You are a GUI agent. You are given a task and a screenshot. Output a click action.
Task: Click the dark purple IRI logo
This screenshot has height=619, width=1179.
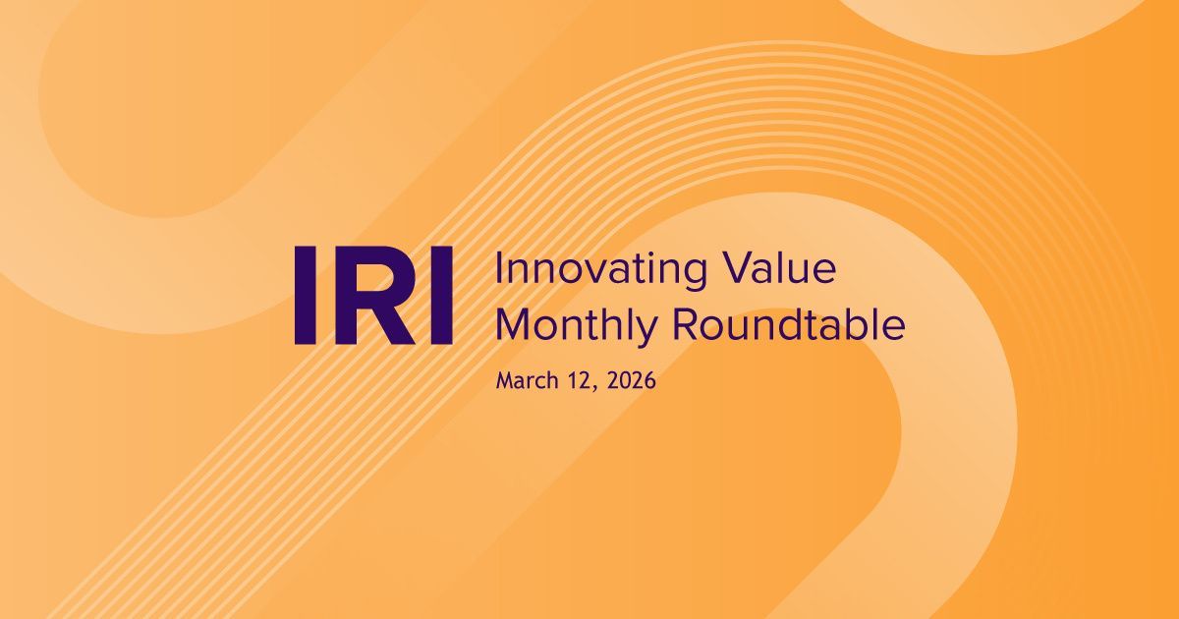pyautogui.click(x=373, y=296)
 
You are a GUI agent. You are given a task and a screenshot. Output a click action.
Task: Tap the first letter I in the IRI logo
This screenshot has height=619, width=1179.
pyautogui.click(x=305, y=296)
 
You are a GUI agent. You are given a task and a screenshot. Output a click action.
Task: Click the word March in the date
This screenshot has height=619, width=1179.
pyautogui.click(x=529, y=381)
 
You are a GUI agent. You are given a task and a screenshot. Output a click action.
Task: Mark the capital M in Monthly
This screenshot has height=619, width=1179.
pyautogui.click(x=512, y=325)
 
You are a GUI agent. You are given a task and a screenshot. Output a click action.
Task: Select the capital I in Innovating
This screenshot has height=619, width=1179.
pyautogui.click(x=499, y=268)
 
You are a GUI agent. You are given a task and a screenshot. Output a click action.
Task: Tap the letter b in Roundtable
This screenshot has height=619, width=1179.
pyautogui.click(x=857, y=325)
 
